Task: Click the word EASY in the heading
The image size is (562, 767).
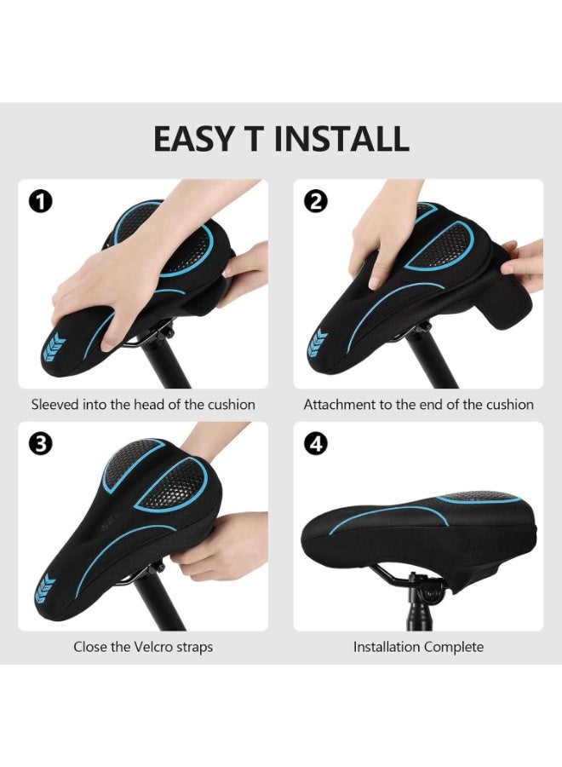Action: point(194,139)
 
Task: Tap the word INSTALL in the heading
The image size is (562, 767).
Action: point(341,139)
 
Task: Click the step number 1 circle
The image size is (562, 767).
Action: point(41,201)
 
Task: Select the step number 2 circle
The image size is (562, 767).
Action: point(316,201)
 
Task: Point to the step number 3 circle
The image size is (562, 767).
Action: point(41,444)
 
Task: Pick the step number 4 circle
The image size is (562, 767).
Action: point(316,444)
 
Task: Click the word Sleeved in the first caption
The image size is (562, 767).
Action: point(54,405)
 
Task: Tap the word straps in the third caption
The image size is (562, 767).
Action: point(194,648)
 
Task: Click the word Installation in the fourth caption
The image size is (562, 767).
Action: point(387,647)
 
